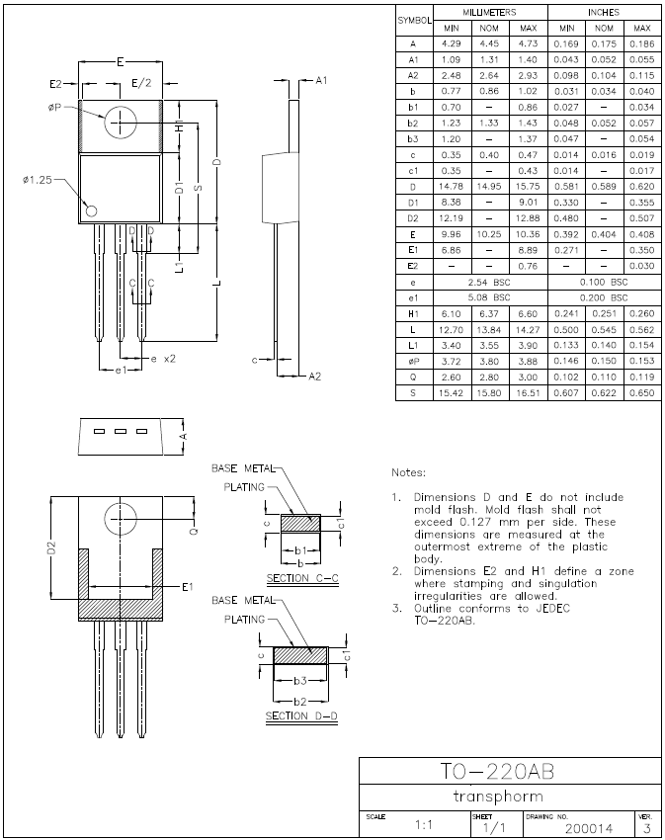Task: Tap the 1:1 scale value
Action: tap(424, 824)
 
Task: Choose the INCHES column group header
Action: tap(604, 12)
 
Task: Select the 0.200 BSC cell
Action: tap(604, 296)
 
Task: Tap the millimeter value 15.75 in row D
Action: tap(527, 187)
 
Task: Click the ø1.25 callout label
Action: tap(39, 180)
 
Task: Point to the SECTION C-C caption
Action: tap(302, 577)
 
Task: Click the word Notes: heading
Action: tap(409, 472)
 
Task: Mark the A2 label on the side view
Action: tap(314, 377)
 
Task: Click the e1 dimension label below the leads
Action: tap(120, 370)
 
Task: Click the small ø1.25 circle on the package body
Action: tap(92, 210)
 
